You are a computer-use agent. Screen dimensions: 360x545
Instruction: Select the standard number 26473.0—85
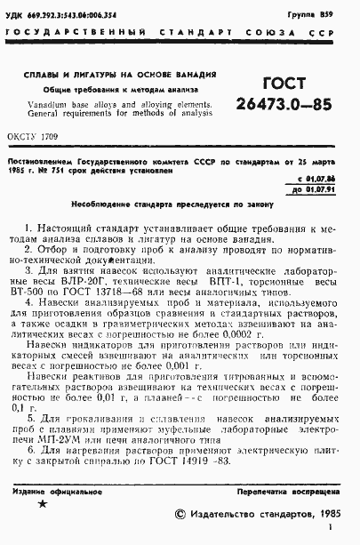(284, 105)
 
